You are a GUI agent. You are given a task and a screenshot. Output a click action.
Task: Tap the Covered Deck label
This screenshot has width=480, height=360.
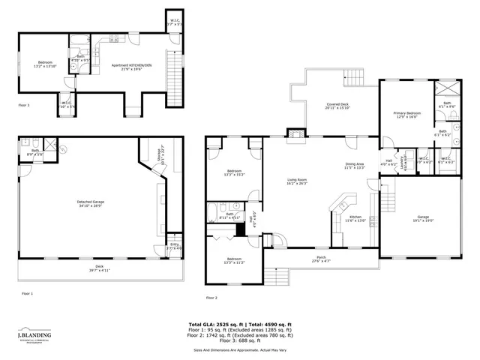pos(337,106)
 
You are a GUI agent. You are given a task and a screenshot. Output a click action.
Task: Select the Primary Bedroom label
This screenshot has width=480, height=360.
pos(407,115)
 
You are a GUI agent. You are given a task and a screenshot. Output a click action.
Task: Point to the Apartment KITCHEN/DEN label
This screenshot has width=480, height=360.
pos(131,67)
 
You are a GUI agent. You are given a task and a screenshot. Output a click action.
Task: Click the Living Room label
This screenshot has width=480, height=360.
pos(298,181)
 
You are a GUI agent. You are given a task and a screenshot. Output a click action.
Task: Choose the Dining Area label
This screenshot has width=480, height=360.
pos(354,166)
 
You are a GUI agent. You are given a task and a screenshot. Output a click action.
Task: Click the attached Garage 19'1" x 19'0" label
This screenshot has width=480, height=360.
pos(424,220)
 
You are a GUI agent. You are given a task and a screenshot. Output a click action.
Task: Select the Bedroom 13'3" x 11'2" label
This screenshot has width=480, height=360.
pos(234,261)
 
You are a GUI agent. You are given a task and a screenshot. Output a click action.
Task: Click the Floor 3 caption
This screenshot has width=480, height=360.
pos(25,106)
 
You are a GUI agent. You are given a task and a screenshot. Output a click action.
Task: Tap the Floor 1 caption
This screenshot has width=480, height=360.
pos(27,293)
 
